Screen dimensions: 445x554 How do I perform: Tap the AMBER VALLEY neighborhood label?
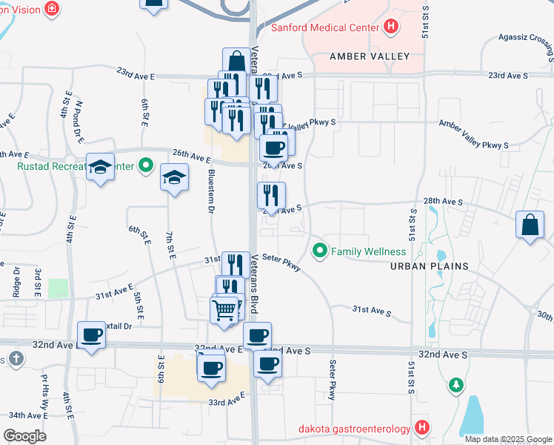tap(359, 56)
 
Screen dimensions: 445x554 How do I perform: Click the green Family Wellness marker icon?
tap(320, 251)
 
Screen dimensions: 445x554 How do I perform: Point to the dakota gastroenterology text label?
tap(354, 428)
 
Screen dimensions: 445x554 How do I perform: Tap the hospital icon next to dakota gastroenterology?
tap(421, 428)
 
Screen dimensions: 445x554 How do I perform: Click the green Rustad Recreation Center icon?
tap(146, 165)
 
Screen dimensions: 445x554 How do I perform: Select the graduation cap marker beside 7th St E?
tap(174, 177)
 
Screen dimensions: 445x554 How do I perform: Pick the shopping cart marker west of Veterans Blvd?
tap(224, 310)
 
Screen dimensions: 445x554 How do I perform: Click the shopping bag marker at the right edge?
tap(530, 225)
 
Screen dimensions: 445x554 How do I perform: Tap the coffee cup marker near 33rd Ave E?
tap(211, 367)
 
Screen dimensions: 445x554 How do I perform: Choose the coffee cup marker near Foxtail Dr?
tap(91, 334)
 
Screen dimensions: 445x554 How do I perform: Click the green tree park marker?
tap(456, 385)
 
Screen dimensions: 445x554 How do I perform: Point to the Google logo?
tap(24, 435)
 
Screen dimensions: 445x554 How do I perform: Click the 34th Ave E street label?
tap(27, 415)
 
